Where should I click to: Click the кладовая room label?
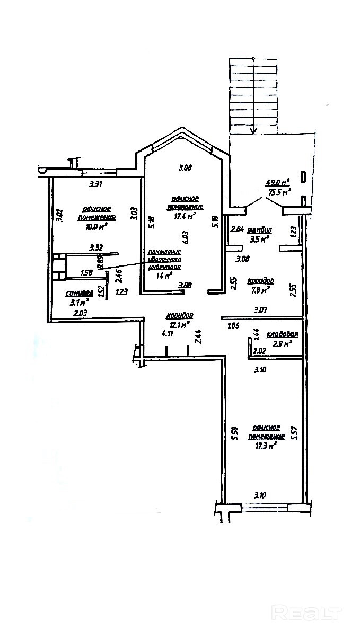[x=282, y=334]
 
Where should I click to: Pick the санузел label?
[x=80, y=293]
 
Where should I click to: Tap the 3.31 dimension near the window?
[x=95, y=184]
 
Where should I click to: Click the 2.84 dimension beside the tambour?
[x=236, y=230]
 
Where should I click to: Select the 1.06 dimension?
[x=233, y=325]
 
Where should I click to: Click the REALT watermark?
[x=306, y=613]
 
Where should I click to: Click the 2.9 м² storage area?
[x=281, y=344]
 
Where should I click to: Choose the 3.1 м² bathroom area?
[x=79, y=303]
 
